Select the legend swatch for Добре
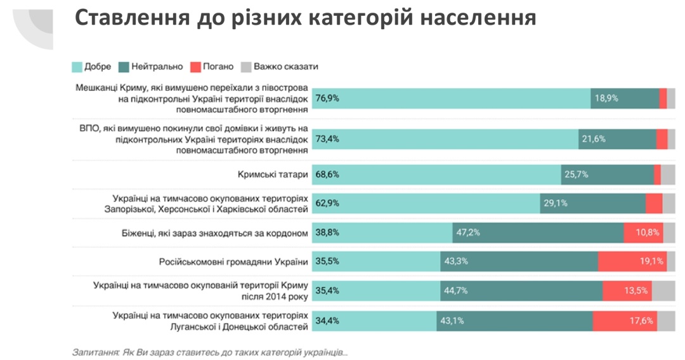(x=77, y=67)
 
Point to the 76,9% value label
(x=327, y=98)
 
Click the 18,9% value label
(x=606, y=98)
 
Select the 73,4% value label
(x=327, y=139)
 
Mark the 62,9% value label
(x=327, y=203)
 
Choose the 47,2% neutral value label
(x=467, y=233)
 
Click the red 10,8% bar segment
(x=643, y=233)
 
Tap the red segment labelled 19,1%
(x=632, y=261)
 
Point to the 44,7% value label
(x=455, y=291)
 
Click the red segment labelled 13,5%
(x=627, y=291)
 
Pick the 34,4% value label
(x=327, y=321)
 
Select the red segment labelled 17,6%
(x=625, y=321)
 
